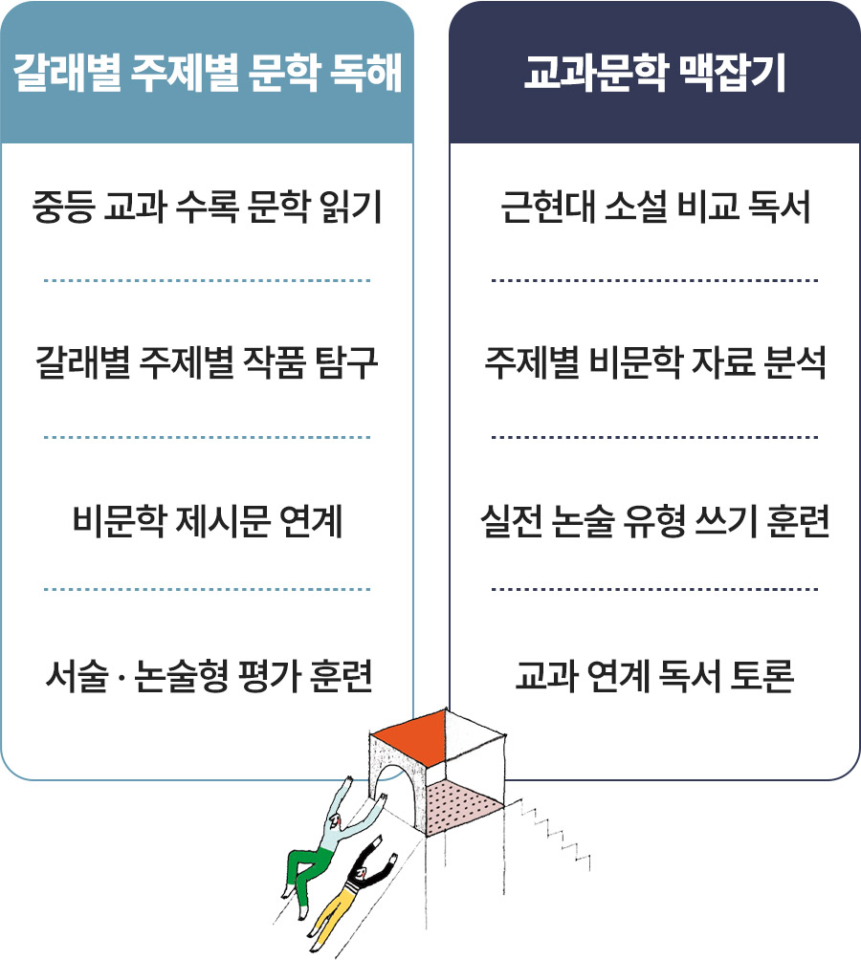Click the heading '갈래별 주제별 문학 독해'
click(208, 73)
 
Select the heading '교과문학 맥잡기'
click(654, 73)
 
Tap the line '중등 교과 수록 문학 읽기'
click(207, 207)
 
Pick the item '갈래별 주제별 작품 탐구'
click(207, 362)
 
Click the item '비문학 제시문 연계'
click(207, 521)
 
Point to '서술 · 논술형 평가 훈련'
click(209, 676)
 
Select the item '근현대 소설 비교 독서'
click(655, 207)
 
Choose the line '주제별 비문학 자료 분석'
click(655, 362)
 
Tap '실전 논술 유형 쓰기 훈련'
click(654, 521)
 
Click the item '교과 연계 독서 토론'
click(654, 676)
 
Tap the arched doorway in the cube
click(392, 796)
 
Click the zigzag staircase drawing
click(554, 834)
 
